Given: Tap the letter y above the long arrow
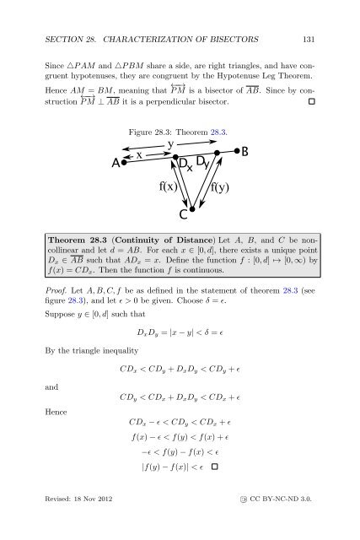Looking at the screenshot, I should click(171, 144).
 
